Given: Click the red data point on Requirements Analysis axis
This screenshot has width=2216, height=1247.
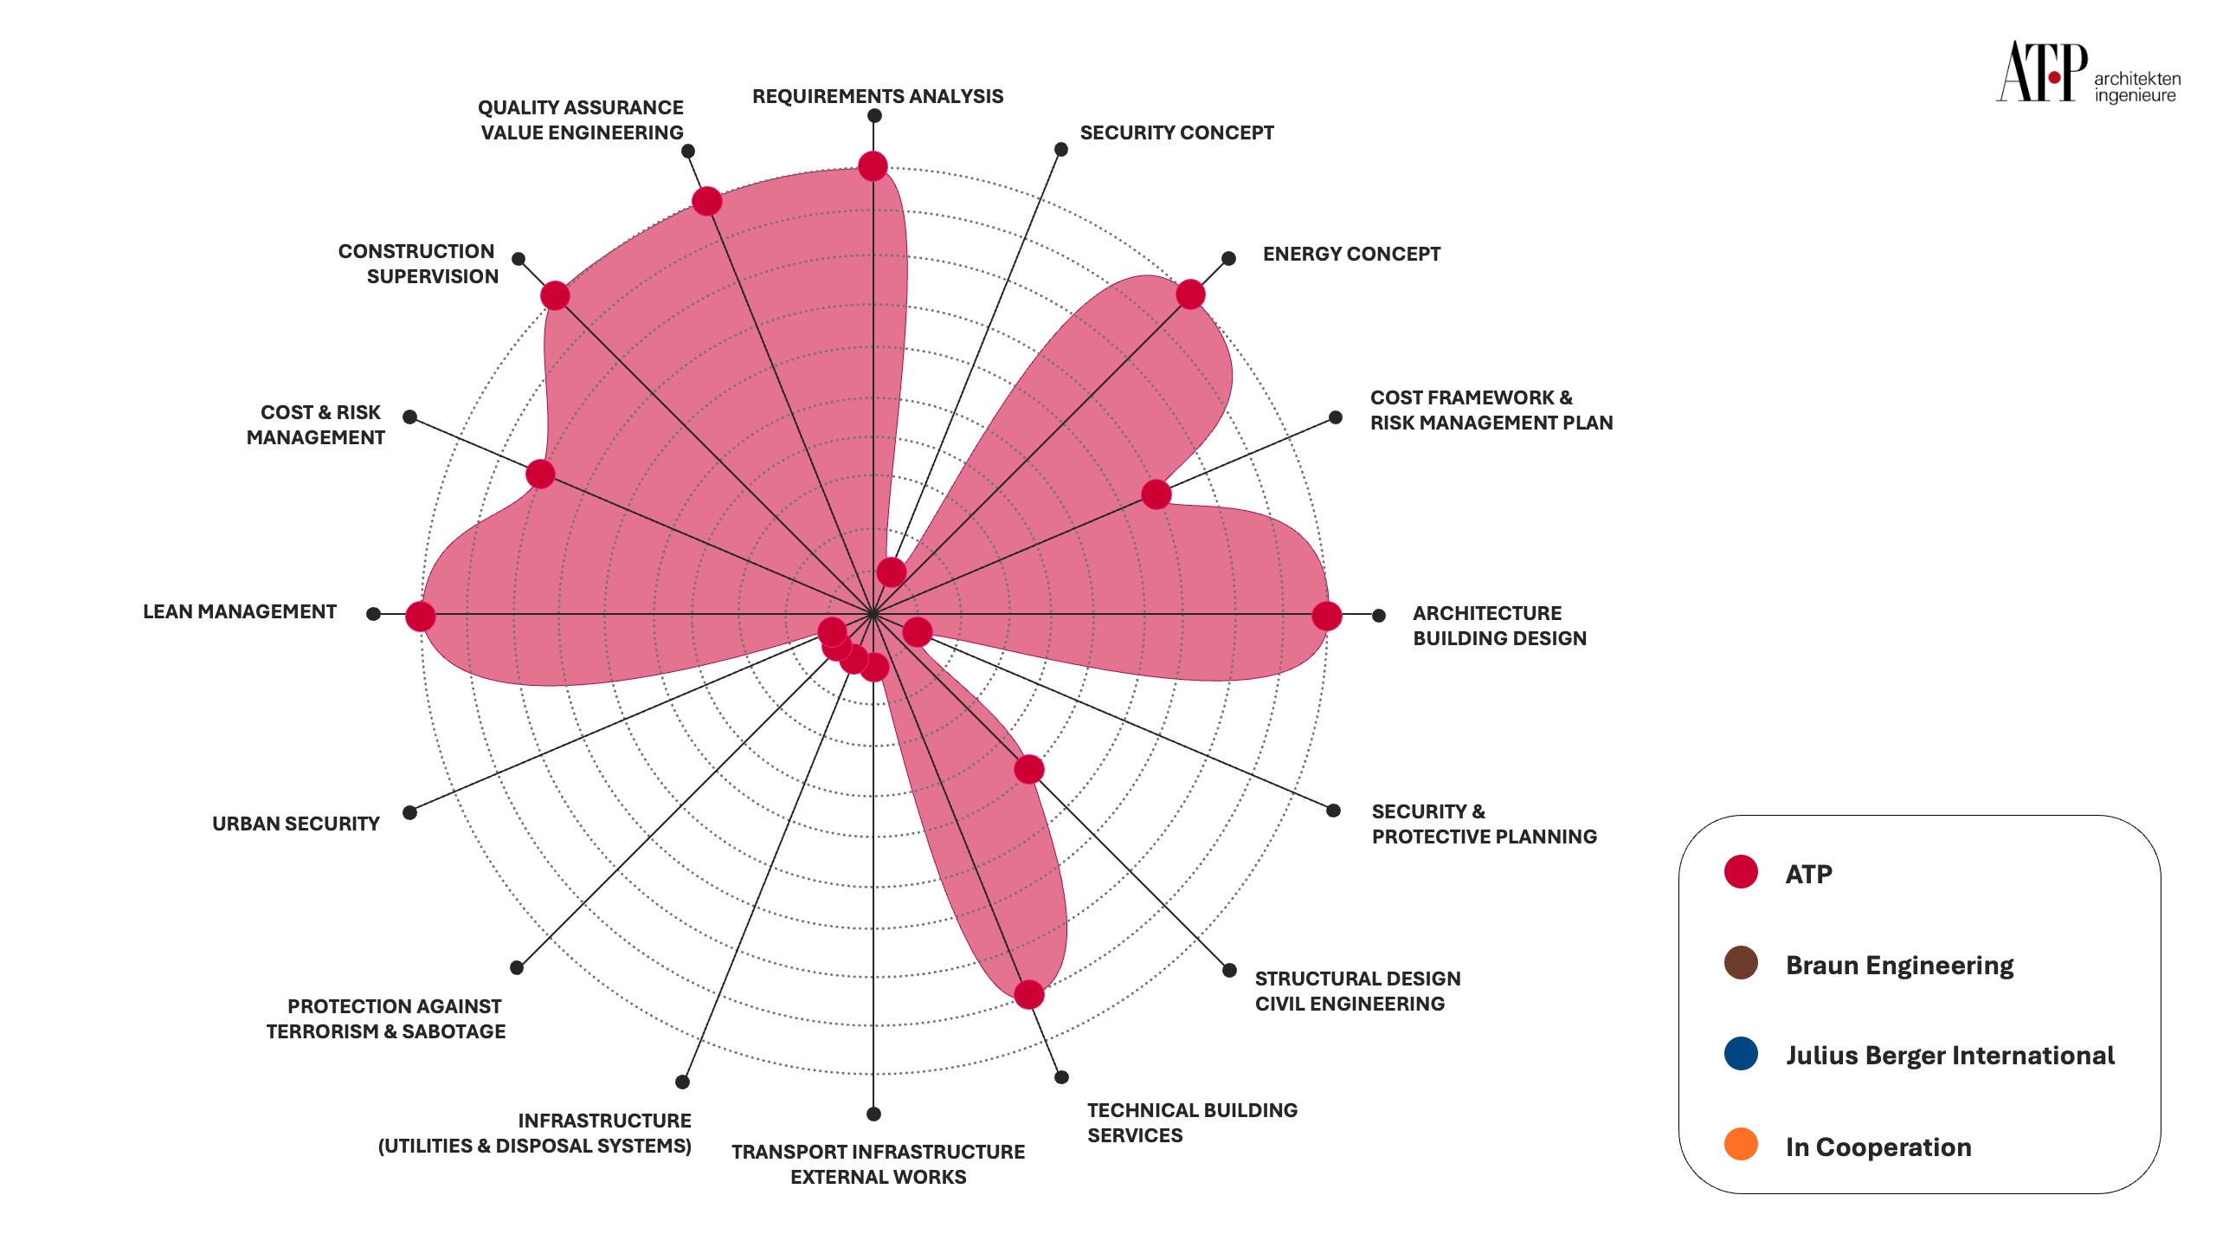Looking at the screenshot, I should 873,165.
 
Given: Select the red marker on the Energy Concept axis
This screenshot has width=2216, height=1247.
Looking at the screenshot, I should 1190,294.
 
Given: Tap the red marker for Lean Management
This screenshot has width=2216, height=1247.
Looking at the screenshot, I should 421,617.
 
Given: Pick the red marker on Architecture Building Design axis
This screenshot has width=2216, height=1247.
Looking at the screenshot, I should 1326,616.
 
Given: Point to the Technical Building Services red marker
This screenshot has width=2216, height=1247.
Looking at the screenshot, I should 1028,994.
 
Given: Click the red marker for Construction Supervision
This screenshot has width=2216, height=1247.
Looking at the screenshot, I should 555,295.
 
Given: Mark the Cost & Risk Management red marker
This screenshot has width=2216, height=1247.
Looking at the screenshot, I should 540,474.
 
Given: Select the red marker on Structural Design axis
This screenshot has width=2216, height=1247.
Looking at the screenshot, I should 1028,769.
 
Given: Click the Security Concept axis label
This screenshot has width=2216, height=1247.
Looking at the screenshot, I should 1176,132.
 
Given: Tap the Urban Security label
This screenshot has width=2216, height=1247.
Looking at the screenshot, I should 296,824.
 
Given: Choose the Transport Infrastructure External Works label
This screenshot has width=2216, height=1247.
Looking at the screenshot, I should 878,1164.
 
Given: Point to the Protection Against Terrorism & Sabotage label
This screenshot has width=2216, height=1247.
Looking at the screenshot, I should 386,1018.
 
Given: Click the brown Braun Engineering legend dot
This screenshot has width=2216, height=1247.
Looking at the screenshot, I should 1741,963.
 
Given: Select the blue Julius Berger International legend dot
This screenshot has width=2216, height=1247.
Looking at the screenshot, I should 1741,1054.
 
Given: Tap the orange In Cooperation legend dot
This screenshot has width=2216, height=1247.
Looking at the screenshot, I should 1741,1144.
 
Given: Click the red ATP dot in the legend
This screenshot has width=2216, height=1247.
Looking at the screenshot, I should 1741,872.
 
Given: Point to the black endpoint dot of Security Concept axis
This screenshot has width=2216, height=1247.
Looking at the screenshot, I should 1061,150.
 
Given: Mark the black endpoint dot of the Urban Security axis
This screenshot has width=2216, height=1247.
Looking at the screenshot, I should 410,812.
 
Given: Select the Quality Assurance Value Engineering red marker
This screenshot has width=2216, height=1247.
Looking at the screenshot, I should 707,202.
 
